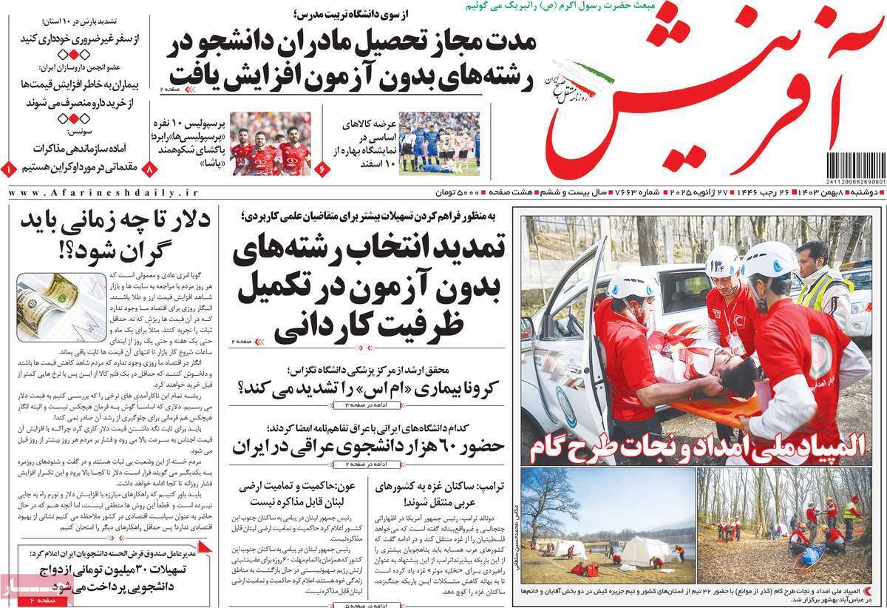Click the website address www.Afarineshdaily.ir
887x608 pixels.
[x=104, y=192]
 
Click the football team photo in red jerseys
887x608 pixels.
[x=270, y=143]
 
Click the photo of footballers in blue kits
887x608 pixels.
[x=439, y=143]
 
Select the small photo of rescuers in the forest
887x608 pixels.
[x=783, y=525]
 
